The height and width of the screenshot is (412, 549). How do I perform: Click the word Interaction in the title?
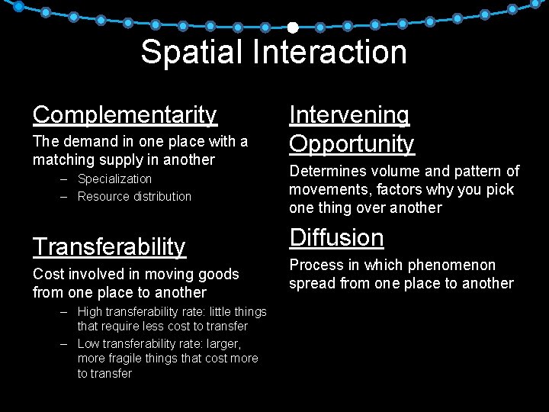332,53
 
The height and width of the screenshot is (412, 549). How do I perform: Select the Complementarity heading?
125,114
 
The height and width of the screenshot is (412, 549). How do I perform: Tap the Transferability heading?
109,246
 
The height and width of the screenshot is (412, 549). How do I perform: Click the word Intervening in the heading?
349,114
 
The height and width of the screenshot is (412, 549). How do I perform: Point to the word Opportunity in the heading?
352,143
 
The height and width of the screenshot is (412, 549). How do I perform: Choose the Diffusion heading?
336,238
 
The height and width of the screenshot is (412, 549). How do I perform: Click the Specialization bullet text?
114,179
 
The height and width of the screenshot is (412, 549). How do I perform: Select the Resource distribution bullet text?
134,196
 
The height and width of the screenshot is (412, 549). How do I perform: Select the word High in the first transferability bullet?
89,311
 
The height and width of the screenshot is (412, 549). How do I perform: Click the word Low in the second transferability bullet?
88,343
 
